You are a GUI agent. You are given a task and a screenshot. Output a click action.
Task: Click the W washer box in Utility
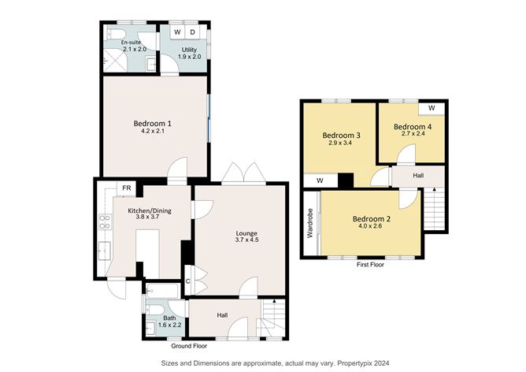pyautogui.click(x=177, y=32)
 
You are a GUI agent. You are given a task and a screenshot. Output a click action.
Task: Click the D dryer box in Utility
pyautogui.click(x=193, y=32)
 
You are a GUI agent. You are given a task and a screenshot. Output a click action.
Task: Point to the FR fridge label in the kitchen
pyautogui.click(x=126, y=188)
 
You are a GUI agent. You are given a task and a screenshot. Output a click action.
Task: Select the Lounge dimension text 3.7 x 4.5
pyautogui.click(x=247, y=240)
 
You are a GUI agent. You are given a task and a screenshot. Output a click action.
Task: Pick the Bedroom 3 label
pyautogui.click(x=342, y=136)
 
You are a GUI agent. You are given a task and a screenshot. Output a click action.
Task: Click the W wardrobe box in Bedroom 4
pyautogui.click(x=432, y=107)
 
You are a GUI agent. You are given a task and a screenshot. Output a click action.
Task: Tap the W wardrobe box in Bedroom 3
pyautogui.click(x=320, y=180)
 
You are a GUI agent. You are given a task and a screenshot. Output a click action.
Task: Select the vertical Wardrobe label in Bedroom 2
pyautogui.click(x=309, y=224)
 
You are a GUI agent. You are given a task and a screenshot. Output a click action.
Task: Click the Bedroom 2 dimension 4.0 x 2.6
pyautogui.click(x=372, y=227)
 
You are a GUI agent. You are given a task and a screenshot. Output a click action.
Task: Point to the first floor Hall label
pyautogui.click(x=418, y=176)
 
